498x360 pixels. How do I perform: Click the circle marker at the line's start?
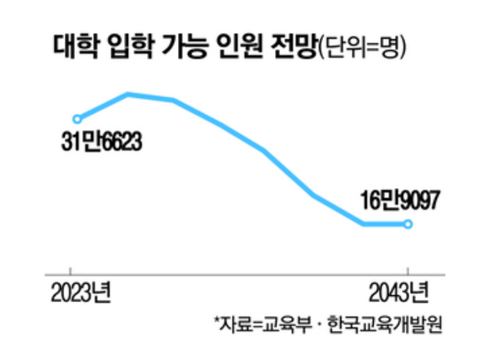tap(76, 119)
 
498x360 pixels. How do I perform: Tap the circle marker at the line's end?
tap(408, 225)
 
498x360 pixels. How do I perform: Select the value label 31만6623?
tap(104, 145)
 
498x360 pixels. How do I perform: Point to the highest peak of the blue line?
tap(128, 94)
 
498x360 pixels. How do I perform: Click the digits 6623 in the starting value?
tap(120, 145)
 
